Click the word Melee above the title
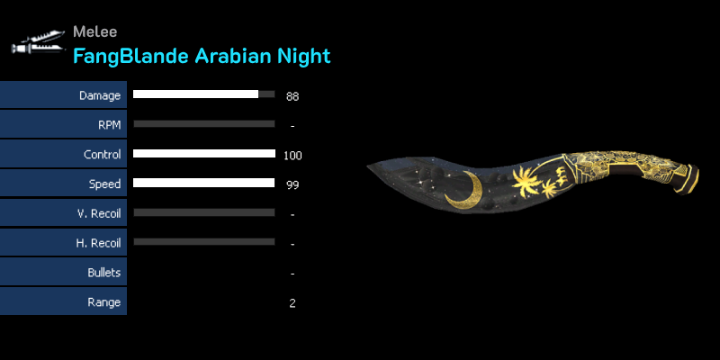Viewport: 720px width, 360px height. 95,31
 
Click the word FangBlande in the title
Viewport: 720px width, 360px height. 130,56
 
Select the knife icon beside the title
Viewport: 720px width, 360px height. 38,42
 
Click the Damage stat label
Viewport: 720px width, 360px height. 100,95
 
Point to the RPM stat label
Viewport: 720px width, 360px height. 109,125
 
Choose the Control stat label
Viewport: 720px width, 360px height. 103,154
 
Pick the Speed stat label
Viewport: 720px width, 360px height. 104,184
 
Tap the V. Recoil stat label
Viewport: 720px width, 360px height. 99,213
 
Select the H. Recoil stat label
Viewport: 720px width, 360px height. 98,243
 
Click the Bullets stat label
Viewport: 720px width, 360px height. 104,273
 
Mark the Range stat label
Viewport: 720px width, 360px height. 104,302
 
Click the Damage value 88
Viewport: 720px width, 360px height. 292,96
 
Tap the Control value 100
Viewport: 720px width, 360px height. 292,156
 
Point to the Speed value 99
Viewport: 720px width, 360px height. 292,185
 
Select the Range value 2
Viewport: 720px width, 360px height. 292,303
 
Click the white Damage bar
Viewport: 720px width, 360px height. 195,94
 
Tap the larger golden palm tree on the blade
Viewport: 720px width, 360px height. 526,181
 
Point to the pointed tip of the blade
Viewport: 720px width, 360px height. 367,166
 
